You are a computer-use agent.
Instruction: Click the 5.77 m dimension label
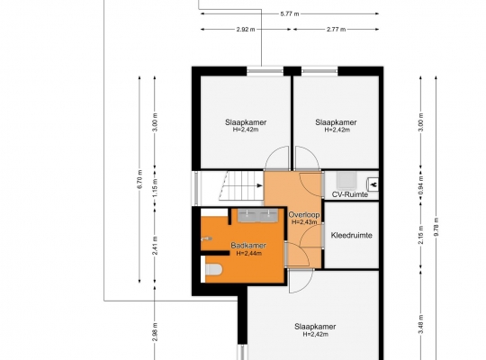tap(290, 14)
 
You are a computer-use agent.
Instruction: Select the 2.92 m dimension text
tap(246, 30)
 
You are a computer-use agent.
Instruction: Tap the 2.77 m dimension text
tap(336, 30)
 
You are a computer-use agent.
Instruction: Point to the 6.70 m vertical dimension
tap(139, 179)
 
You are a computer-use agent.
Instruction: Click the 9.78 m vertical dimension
tap(436, 227)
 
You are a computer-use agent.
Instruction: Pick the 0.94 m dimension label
tap(421, 185)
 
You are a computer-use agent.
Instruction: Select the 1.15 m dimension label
tap(156, 188)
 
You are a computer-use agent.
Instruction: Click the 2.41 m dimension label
tap(156, 246)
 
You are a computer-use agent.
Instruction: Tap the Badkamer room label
tap(248, 246)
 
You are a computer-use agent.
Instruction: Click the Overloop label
tap(304, 214)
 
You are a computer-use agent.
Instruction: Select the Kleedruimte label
tap(352, 235)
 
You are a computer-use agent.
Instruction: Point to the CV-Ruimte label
tap(350, 194)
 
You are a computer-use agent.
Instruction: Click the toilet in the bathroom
tap(213, 269)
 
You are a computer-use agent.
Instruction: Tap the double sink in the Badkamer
tap(258, 215)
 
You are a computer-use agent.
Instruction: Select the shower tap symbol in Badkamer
tap(206, 238)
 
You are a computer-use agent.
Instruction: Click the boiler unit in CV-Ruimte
tap(346, 181)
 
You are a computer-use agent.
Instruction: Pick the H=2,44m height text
tap(249, 253)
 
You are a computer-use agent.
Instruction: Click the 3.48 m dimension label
tap(421, 325)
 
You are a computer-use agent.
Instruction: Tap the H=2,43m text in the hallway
tap(304, 222)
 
